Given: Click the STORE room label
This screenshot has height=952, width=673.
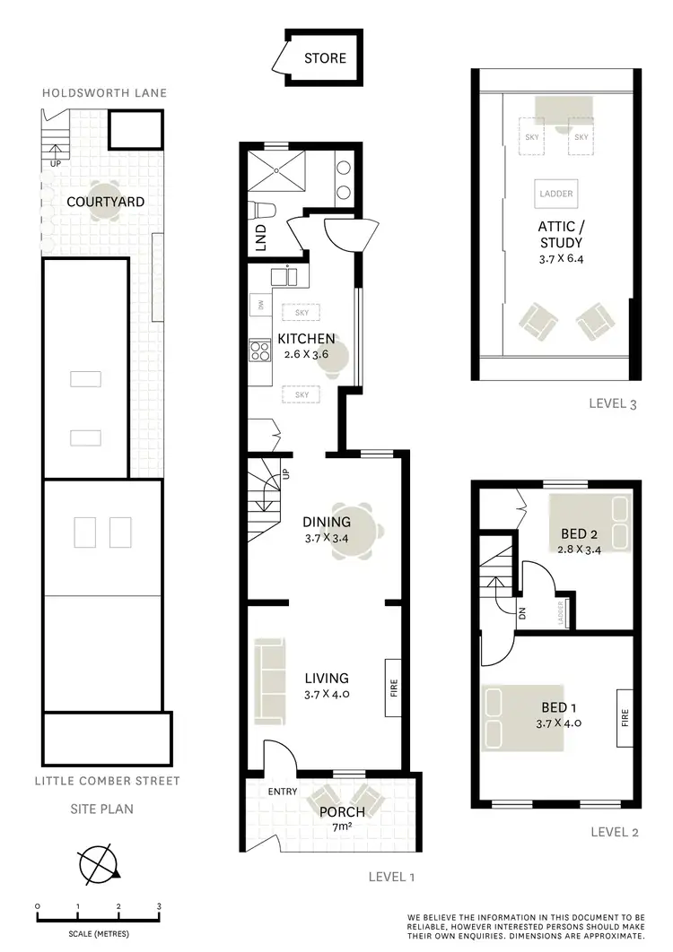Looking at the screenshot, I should tap(324, 59).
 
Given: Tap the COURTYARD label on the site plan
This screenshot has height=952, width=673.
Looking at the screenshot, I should tap(105, 202).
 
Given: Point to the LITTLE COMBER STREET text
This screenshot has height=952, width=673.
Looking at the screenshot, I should tap(107, 781).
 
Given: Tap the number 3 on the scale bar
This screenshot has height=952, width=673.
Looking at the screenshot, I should tap(159, 906).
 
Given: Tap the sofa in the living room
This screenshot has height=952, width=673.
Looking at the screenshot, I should tap(271, 680).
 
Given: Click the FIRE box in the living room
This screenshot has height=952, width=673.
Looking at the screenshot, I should tap(393, 688).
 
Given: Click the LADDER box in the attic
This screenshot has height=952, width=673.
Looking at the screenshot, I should tap(556, 194).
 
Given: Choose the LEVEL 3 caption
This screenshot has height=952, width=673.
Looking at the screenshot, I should tap(613, 403).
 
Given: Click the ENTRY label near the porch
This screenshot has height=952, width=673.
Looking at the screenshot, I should tap(283, 792).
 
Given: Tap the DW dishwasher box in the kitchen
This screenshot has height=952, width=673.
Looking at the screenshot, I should tap(260, 305).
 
